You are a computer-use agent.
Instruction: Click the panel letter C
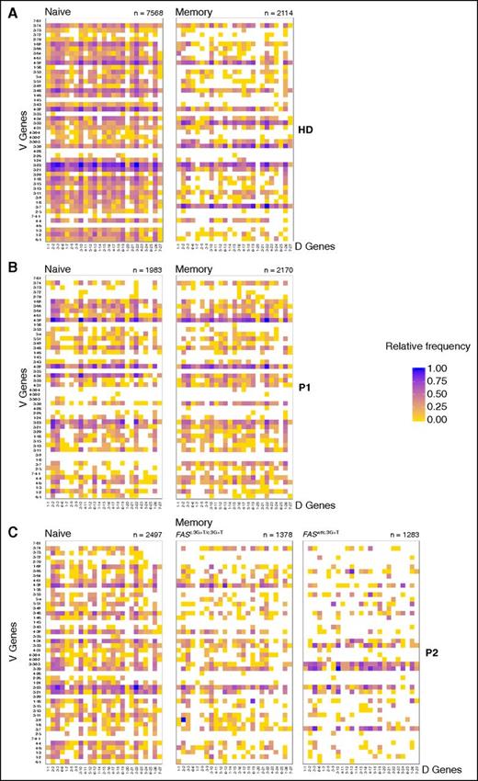(7, 531)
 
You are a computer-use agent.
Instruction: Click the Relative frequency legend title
(407, 348)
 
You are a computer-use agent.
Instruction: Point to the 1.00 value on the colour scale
(415, 366)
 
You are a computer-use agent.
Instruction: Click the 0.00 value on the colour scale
(415, 416)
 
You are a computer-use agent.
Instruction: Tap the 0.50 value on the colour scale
(415, 390)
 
